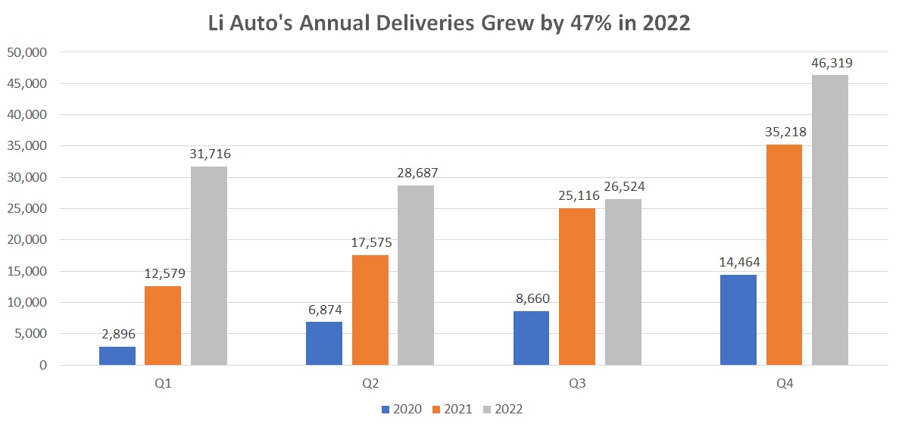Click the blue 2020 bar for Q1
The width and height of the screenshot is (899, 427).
point(117,356)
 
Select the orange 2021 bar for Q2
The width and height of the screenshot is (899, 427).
point(370,310)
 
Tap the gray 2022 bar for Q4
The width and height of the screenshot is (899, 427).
point(830,220)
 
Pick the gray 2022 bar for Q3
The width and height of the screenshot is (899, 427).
point(623,282)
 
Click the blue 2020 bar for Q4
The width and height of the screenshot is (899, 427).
point(738,320)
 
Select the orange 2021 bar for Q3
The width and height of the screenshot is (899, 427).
point(577,287)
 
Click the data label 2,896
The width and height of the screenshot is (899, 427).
point(117,334)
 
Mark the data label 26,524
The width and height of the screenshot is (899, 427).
point(624,186)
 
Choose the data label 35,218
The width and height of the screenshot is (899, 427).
point(785,132)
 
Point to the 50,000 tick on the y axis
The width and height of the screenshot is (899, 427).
point(27,53)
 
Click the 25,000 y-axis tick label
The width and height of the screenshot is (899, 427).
point(27,209)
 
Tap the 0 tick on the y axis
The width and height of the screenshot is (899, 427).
point(43,366)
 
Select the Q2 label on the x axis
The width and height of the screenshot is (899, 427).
point(370,384)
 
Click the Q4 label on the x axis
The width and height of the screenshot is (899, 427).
point(785,384)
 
